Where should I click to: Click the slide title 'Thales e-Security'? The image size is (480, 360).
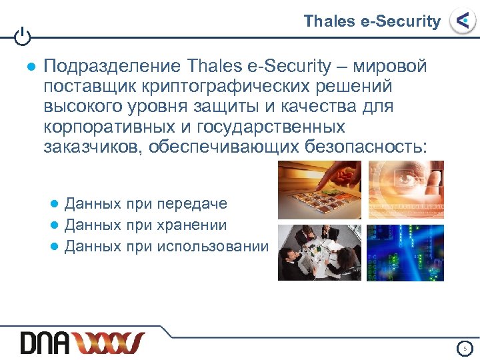(372, 21)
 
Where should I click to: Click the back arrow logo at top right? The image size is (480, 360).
(461, 21)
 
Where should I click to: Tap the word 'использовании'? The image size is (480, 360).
(213, 247)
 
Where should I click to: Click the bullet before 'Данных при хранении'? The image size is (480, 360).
(56, 226)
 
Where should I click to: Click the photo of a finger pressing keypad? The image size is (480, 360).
(319, 189)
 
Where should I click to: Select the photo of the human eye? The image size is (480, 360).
(404, 189)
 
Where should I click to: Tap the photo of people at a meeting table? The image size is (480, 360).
(319, 252)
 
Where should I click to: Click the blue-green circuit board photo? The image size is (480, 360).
(404, 252)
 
